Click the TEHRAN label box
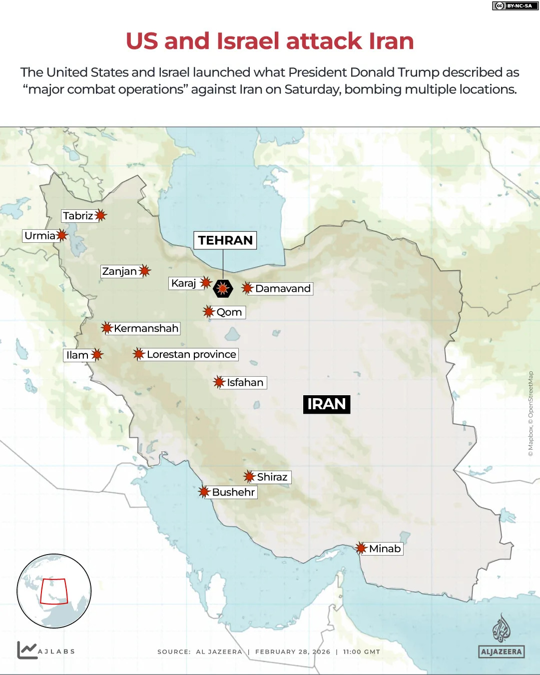click(x=225, y=240)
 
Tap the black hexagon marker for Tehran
click(x=223, y=288)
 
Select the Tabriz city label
click(x=78, y=216)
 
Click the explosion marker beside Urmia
click(x=61, y=235)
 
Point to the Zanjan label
click(x=119, y=271)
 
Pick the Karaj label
click(x=183, y=283)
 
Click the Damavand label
click(x=283, y=289)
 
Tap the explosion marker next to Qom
click(x=208, y=312)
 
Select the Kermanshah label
click(x=146, y=328)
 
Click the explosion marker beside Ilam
click(x=97, y=355)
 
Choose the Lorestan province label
click(x=191, y=354)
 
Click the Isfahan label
click(x=245, y=383)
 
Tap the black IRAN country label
click(x=327, y=404)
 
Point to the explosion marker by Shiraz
click(x=249, y=477)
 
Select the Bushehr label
click(x=233, y=492)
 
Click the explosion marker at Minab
click(x=361, y=548)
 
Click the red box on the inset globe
click(x=53, y=592)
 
